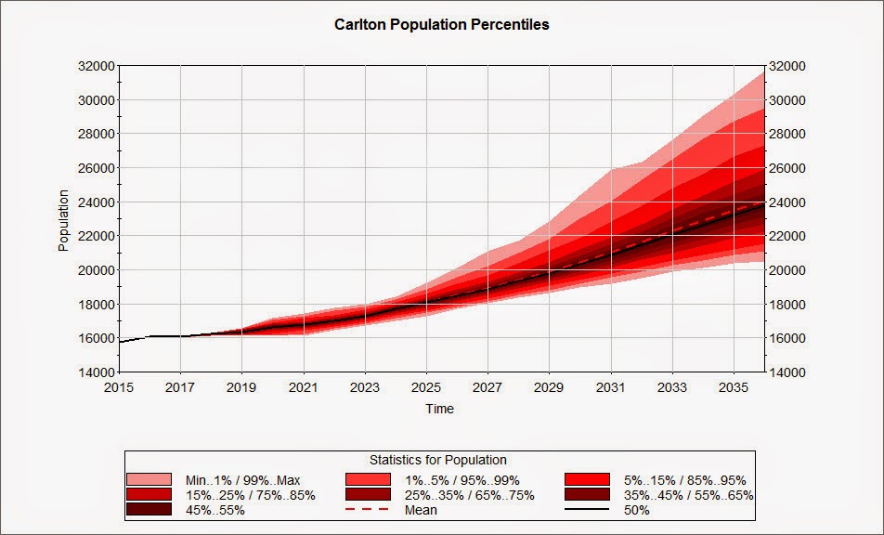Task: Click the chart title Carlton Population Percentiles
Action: coord(441,25)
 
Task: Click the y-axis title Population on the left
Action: coord(63,220)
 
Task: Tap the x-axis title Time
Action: coord(440,409)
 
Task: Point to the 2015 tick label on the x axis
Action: coord(119,388)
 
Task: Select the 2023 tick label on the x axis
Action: coord(365,388)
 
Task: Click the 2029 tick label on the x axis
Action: coord(549,388)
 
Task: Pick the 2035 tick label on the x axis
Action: coord(734,388)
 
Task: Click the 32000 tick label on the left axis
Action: coord(96,66)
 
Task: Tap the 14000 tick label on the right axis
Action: coord(787,372)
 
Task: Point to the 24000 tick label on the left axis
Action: coord(96,202)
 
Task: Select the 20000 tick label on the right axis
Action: coord(787,270)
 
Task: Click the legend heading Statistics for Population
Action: coord(438,460)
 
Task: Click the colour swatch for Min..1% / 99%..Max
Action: coord(149,480)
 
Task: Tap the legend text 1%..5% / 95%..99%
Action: coord(462,480)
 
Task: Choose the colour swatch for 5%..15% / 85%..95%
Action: coord(587,480)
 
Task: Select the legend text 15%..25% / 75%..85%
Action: coord(251,496)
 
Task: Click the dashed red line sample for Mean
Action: coord(368,510)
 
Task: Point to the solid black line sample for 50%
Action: coord(587,510)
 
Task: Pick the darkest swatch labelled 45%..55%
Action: coord(149,509)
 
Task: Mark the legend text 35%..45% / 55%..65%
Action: coord(688,496)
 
